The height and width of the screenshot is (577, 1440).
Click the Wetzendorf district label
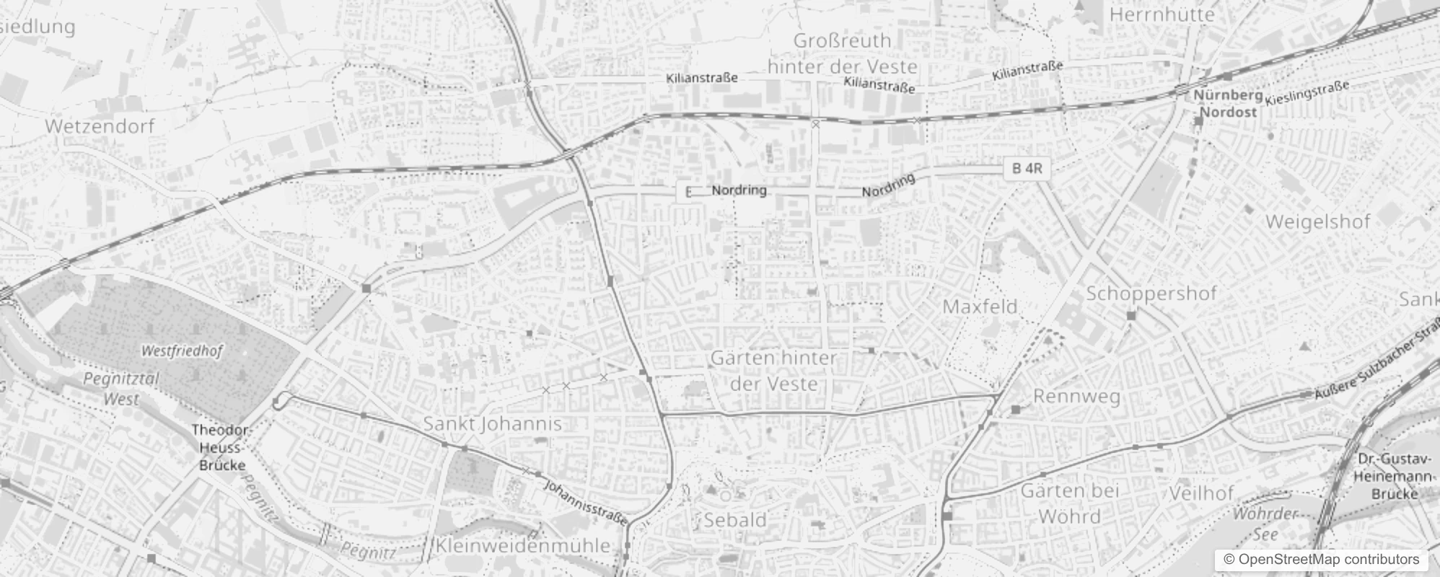coord(100,126)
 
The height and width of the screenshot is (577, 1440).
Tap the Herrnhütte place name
coord(1162,14)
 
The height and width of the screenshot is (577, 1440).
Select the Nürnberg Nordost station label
coord(1228,104)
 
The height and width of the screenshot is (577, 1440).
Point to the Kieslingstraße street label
coord(1307,92)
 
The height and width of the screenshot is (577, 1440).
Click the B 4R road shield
coord(1027,169)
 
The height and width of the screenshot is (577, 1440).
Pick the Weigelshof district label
coord(1317,221)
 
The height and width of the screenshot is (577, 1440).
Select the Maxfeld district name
coord(980,307)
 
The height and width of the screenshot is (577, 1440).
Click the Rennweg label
coord(1076,396)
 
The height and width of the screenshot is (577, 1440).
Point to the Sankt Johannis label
coord(492,423)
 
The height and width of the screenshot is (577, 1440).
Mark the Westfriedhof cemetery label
coord(182,351)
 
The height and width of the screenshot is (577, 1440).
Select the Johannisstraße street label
coord(585,502)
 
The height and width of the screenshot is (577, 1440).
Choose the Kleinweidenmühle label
coord(523,546)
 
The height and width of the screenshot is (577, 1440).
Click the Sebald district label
coord(734,519)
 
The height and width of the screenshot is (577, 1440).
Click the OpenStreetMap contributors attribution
coord(1320,560)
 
